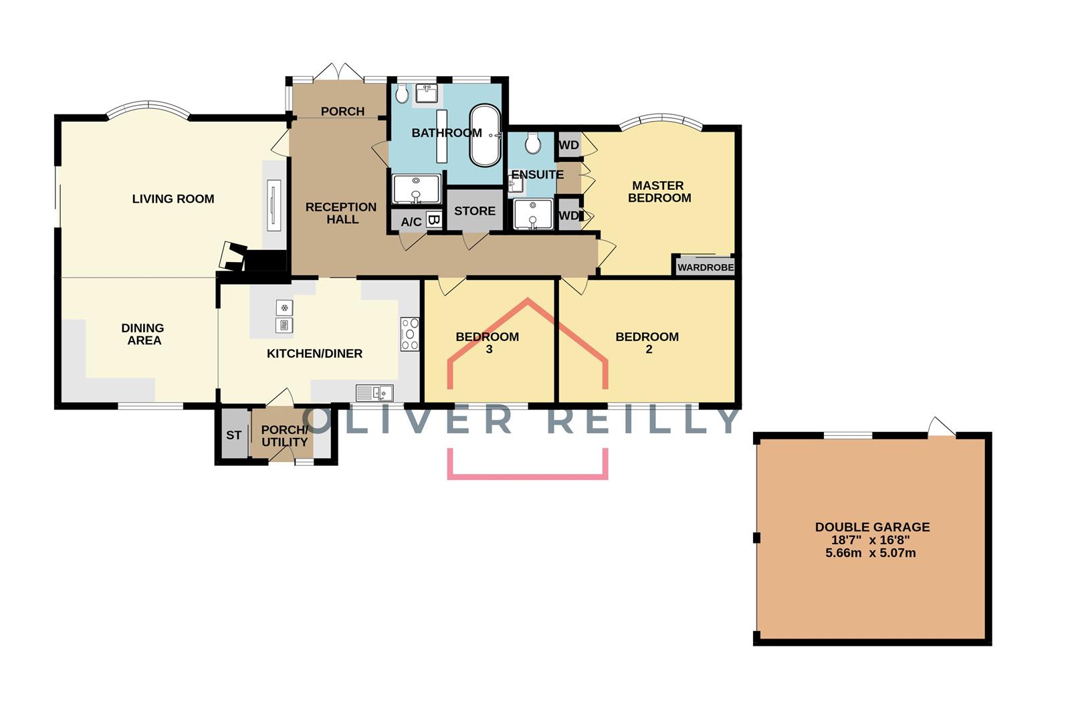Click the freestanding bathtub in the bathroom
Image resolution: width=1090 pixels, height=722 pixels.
[x=485, y=135]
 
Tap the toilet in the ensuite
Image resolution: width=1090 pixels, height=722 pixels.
[x=533, y=142]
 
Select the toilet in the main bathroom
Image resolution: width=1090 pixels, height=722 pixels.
[x=402, y=94]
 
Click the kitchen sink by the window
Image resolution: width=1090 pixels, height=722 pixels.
[x=374, y=392]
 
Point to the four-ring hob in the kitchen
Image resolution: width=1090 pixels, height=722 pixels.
[x=410, y=334]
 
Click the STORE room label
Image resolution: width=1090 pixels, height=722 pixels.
[x=475, y=211]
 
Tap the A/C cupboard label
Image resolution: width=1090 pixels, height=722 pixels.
[x=411, y=222]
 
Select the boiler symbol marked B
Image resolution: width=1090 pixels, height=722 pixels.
[x=433, y=219]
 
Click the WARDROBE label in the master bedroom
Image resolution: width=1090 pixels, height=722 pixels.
[x=705, y=267]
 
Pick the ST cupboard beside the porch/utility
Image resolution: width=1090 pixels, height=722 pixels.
[x=233, y=435]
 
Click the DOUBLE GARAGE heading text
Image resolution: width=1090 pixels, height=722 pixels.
[x=872, y=527]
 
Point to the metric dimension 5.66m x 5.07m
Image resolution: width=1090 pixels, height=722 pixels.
[x=871, y=553]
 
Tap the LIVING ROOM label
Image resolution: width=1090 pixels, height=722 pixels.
[x=173, y=199]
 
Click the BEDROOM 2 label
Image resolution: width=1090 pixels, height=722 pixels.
[x=647, y=342]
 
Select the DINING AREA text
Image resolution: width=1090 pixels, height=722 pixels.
[x=143, y=334]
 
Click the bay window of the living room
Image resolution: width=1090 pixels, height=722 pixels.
[x=147, y=110]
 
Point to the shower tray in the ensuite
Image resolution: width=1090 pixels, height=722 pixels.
[x=534, y=215]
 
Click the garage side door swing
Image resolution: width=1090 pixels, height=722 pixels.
[x=941, y=427]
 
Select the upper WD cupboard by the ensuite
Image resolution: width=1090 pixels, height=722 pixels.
[x=569, y=145]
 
